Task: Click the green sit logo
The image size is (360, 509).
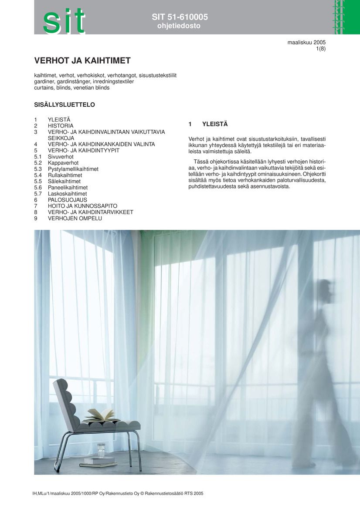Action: (64, 20)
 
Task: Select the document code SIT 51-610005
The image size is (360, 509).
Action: (180, 17)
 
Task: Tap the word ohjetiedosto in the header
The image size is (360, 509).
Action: (179, 26)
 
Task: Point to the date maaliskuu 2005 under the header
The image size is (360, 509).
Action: (306, 42)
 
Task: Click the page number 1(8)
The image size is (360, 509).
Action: (321, 49)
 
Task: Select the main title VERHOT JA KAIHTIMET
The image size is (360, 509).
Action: (82, 61)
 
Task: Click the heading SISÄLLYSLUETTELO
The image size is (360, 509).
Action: (65, 105)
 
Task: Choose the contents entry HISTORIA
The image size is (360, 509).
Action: (61, 126)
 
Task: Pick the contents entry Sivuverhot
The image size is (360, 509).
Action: (61, 157)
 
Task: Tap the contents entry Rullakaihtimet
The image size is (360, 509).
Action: (65, 175)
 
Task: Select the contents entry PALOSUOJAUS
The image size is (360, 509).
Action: (67, 200)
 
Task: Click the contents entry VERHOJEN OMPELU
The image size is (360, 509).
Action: (75, 218)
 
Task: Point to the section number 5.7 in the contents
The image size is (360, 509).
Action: (38, 194)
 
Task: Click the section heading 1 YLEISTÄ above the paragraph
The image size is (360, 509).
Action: (208, 125)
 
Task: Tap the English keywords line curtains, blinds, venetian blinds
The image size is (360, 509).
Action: (72, 88)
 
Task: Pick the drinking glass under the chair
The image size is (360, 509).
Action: (101, 450)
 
